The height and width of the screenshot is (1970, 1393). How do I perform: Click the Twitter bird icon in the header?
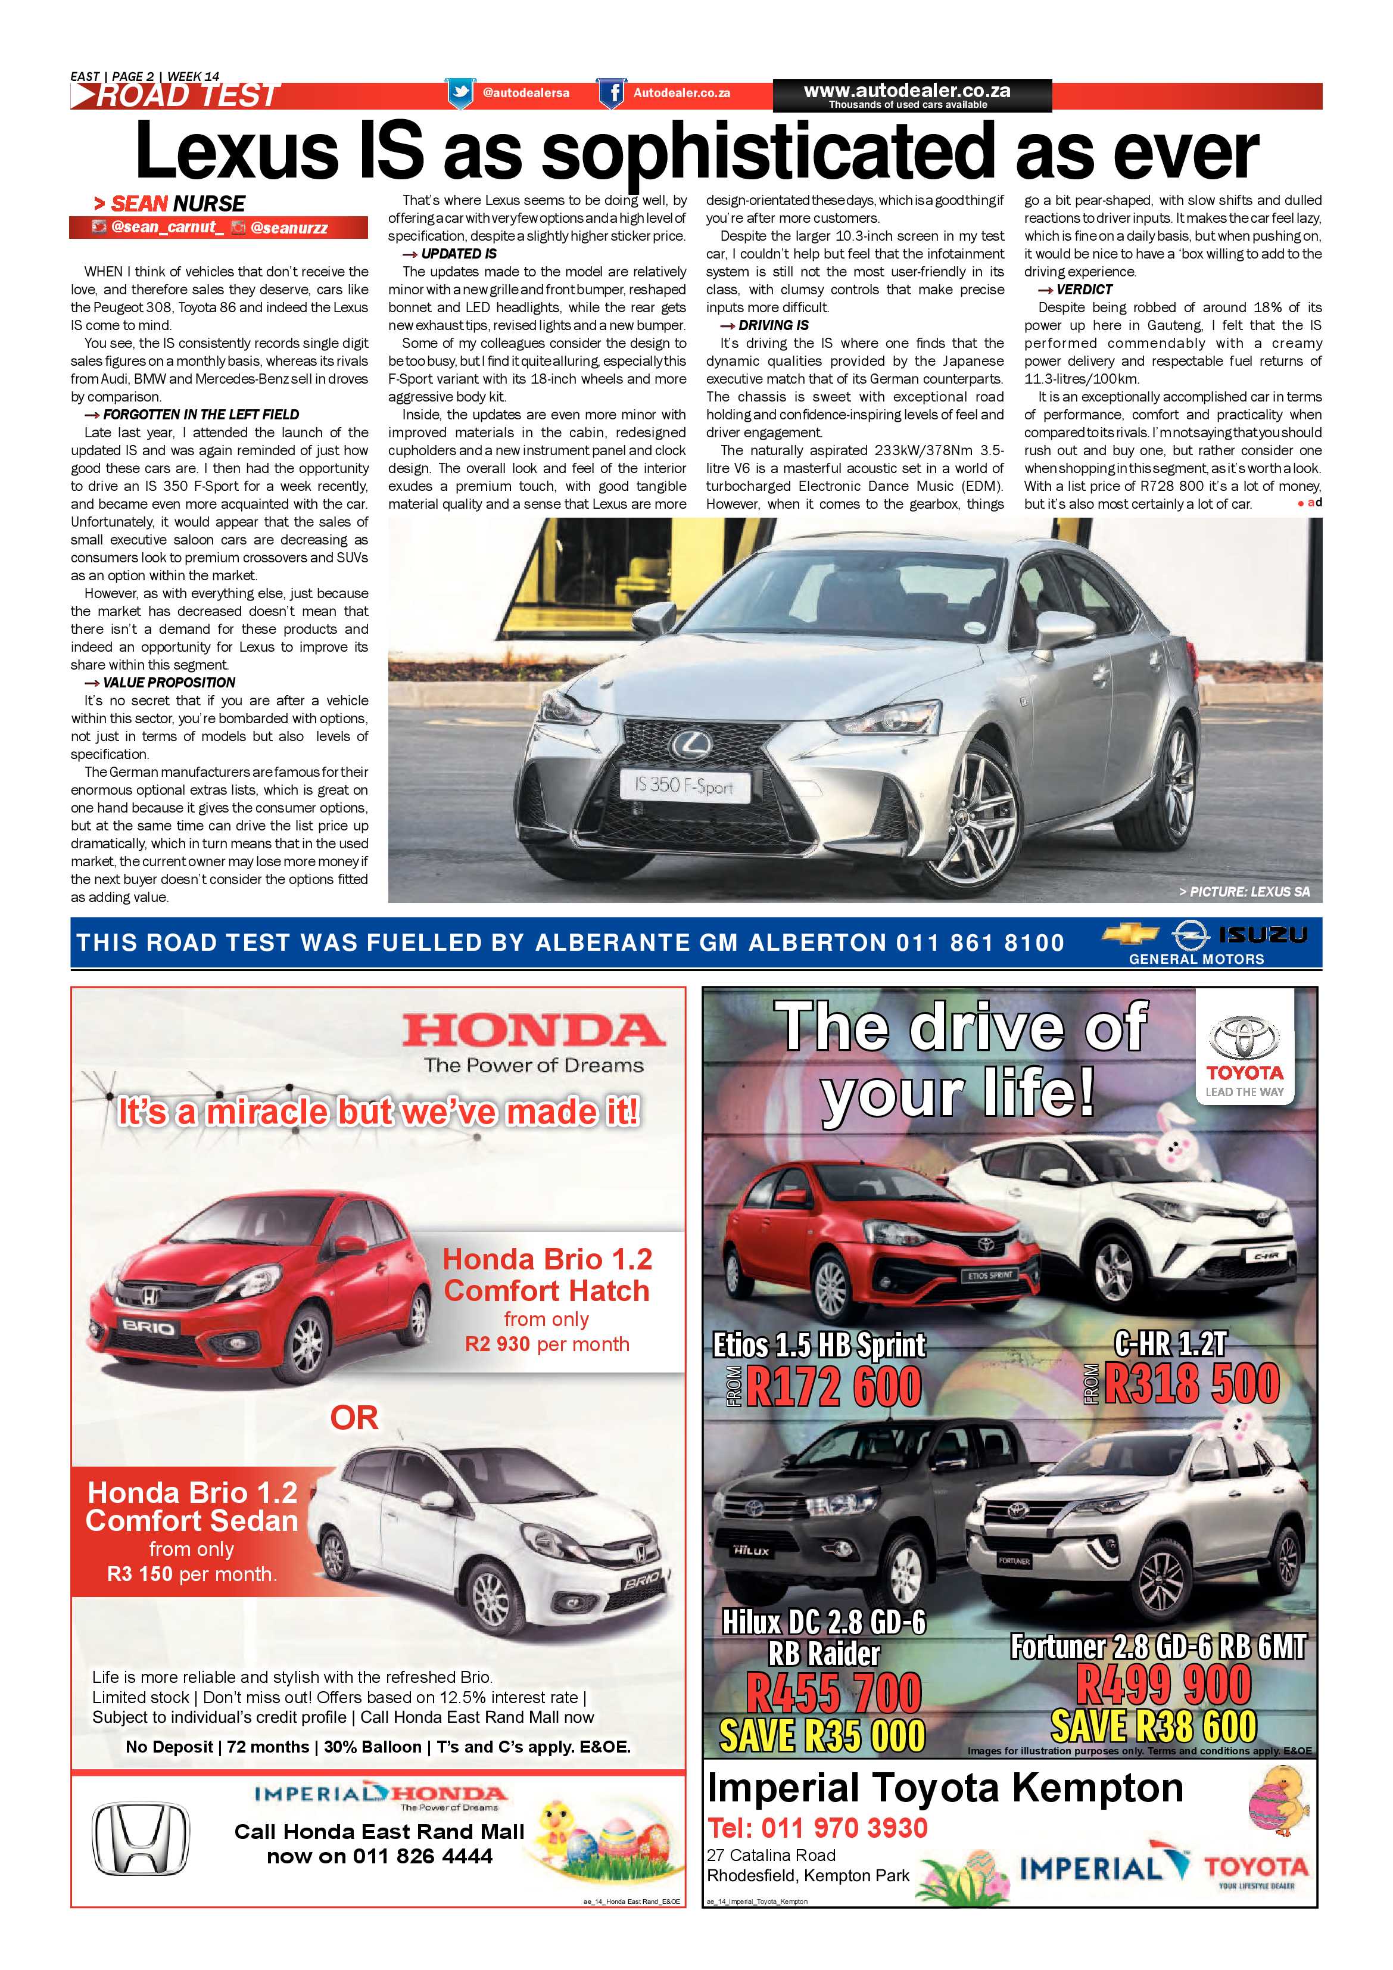[460, 93]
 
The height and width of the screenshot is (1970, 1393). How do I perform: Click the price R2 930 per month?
[546, 1345]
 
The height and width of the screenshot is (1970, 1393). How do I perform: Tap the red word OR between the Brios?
[354, 1418]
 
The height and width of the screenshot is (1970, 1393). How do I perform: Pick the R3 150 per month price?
[191, 1574]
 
